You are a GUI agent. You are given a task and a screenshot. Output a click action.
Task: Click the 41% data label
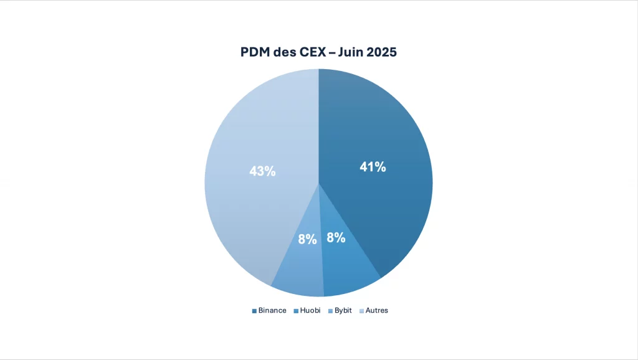coord(373,167)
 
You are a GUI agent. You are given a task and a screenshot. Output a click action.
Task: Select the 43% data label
coord(262,171)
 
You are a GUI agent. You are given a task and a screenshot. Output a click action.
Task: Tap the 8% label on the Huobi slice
coord(336,237)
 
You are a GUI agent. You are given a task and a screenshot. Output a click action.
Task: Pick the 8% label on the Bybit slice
coord(307,239)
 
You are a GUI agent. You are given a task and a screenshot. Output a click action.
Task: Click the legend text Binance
coord(272,310)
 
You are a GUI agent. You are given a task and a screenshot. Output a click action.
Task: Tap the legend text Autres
coord(377,310)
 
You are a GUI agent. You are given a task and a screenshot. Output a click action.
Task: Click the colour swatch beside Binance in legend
coord(254,310)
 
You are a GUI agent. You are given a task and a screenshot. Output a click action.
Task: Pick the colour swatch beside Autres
coord(361,310)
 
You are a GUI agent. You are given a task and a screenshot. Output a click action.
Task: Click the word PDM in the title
coord(256,52)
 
